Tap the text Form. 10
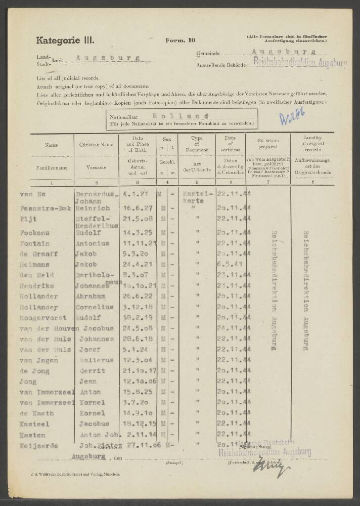click(178, 40)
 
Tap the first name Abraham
click(91, 297)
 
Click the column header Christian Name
click(96, 145)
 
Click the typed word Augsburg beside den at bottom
click(88, 456)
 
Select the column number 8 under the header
click(310, 182)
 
